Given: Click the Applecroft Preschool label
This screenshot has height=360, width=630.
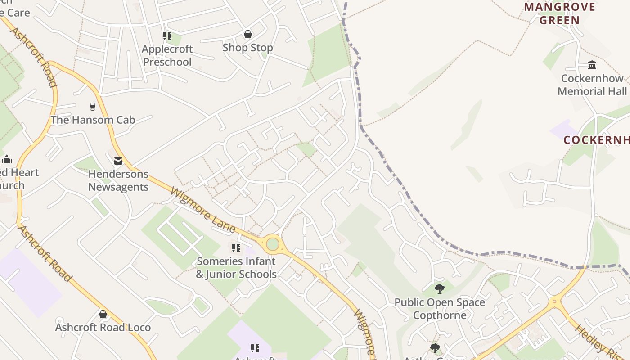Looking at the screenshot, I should pyautogui.click(x=167, y=55).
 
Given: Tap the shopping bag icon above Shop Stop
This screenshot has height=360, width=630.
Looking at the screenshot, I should pyautogui.click(x=247, y=34).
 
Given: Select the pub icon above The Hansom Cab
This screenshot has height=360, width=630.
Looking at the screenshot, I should pyautogui.click(x=93, y=107).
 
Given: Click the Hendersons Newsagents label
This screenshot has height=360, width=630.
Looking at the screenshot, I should pyautogui.click(x=118, y=180).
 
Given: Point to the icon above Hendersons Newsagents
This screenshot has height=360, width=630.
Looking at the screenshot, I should pyautogui.click(x=118, y=161).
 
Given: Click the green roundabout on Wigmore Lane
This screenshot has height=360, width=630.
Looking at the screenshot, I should pyautogui.click(x=273, y=244).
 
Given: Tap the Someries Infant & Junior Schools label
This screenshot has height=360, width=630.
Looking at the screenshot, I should pyautogui.click(x=236, y=268).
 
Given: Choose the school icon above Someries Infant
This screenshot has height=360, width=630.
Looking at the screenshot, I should pyautogui.click(x=236, y=247).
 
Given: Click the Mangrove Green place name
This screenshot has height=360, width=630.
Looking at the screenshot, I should pyautogui.click(x=560, y=13).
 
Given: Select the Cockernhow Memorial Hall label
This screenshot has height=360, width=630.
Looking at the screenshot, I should pyautogui.click(x=592, y=85).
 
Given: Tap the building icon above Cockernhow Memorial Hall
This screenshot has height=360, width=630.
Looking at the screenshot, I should pyautogui.click(x=592, y=65).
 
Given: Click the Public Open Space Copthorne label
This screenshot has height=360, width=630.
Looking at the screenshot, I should pyautogui.click(x=440, y=308).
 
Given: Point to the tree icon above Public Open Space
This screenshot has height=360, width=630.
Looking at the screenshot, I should pyautogui.click(x=440, y=288).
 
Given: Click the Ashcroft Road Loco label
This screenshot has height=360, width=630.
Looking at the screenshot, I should pyautogui.click(x=103, y=327).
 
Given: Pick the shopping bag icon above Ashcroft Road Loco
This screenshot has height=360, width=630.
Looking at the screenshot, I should pyautogui.click(x=103, y=314).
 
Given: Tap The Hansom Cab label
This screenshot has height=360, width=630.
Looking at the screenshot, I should pyautogui.click(x=93, y=120).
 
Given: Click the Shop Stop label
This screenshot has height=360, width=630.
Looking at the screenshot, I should pyautogui.click(x=247, y=48).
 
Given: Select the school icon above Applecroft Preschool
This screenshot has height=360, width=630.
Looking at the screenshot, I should pyautogui.click(x=167, y=36).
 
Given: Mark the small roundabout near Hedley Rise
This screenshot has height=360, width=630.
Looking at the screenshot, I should pyautogui.click(x=554, y=301).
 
